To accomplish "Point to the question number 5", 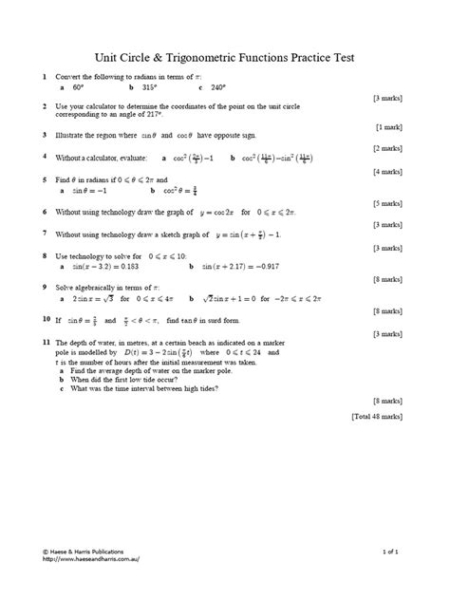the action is click(x=45, y=178).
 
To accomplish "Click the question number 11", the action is click(x=46, y=341).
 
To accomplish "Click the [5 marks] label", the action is click(x=389, y=202).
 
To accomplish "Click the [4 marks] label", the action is click(x=389, y=171).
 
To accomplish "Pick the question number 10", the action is click(x=46, y=320).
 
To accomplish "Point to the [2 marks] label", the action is click(x=389, y=148).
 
